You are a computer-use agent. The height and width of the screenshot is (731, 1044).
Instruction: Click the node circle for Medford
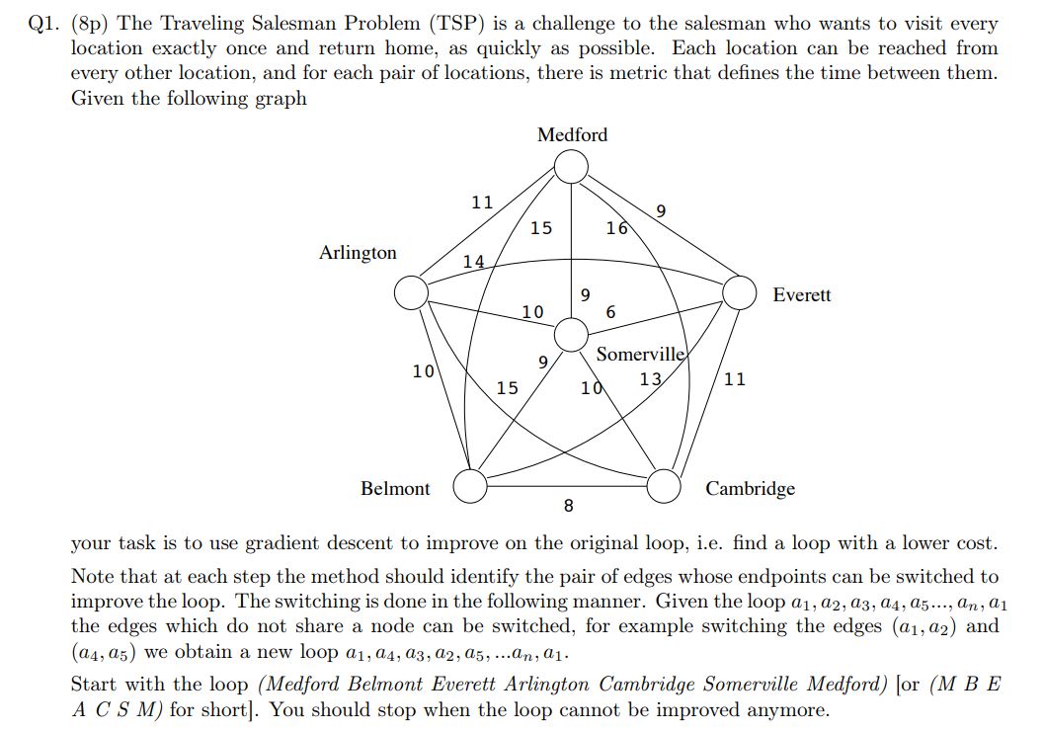tap(570, 167)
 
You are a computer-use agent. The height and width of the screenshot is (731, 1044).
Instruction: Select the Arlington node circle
tap(411, 292)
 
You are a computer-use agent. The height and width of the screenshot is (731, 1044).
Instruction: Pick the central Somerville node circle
tap(570, 335)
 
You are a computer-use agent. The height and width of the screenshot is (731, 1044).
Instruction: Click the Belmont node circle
tap(471, 485)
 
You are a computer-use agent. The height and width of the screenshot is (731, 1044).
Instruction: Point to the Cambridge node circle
tap(665, 485)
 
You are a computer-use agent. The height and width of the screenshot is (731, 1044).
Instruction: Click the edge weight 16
tap(616, 228)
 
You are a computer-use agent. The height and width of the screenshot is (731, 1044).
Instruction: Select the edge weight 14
tap(474, 262)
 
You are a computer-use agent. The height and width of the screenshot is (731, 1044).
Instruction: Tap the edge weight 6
tap(609, 312)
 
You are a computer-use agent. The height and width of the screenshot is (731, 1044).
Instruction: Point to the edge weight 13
tap(650, 378)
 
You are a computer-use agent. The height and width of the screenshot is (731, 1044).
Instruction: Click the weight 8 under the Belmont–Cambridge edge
tap(568, 507)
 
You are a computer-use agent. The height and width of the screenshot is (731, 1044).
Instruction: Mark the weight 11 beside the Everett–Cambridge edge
tap(735, 378)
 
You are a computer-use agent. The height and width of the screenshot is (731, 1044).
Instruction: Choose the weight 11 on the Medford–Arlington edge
tap(481, 203)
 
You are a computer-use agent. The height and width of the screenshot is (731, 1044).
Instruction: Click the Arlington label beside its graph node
tap(358, 253)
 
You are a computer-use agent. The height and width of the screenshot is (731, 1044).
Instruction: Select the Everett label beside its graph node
tap(801, 295)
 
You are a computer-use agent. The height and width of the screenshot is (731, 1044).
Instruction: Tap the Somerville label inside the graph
tap(639, 355)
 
